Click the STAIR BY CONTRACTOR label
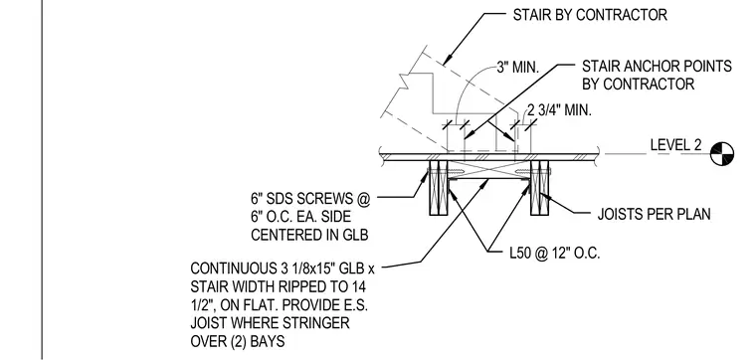(x=590, y=15)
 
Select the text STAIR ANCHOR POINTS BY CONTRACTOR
(x=657, y=75)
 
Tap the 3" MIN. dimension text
(x=517, y=67)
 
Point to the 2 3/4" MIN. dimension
(x=559, y=109)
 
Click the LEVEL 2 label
(x=676, y=145)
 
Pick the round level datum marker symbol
(x=722, y=154)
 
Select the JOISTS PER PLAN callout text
(x=654, y=214)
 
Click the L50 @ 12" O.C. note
(x=544, y=254)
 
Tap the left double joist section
(x=438, y=188)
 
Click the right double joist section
(x=539, y=188)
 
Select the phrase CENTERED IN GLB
(x=309, y=235)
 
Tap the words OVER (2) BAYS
(x=237, y=341)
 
